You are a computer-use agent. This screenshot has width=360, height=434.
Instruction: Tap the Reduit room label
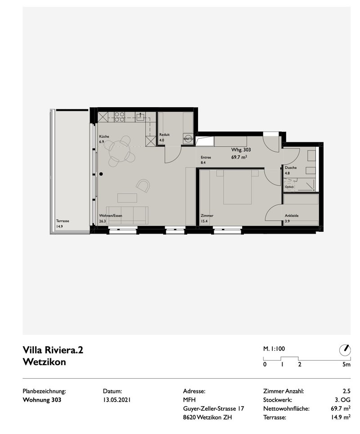pos(165,134)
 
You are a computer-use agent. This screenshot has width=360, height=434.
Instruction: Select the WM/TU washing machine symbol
pos(188,139)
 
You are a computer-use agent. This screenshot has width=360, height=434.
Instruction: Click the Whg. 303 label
pos(241,149)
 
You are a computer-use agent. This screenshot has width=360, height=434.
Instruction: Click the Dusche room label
pos(291,167)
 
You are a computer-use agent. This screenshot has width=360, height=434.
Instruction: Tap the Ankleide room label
pos(291,216)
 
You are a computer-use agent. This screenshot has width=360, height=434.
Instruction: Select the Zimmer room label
pos(207,216)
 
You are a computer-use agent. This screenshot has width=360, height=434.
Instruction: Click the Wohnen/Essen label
pos(111,216)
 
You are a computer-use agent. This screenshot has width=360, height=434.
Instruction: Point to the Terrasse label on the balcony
pos(63,221)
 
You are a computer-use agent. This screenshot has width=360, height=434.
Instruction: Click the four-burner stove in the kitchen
pos(119,117)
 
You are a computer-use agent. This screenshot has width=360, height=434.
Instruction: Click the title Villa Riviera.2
pos(53,350)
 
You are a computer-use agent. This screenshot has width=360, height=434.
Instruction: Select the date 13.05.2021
pos(117,400)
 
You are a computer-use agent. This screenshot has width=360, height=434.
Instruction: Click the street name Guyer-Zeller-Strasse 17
pos(213,408)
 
